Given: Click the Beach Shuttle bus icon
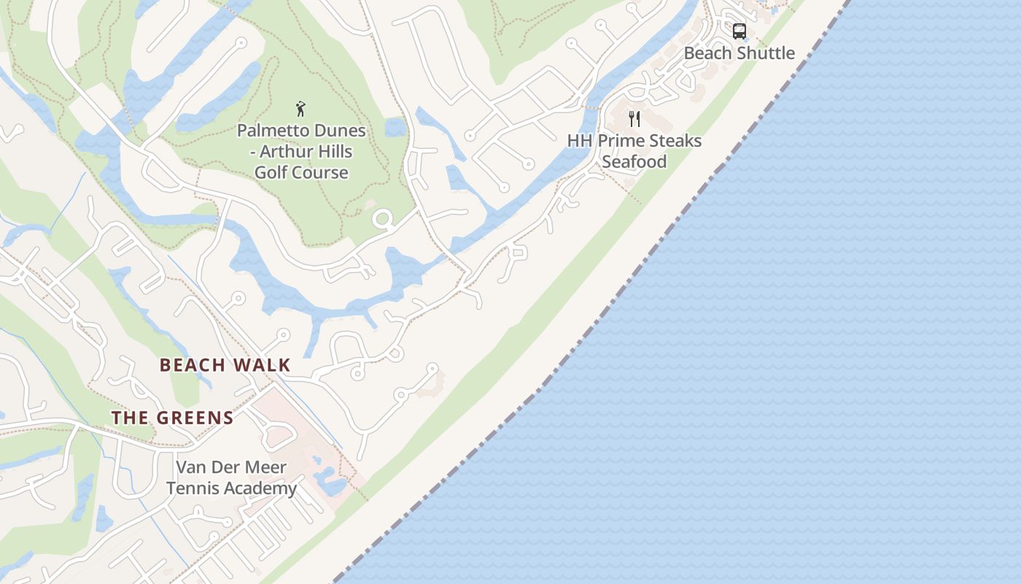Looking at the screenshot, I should click(739, 31).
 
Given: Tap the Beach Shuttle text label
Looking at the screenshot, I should click(739, 53).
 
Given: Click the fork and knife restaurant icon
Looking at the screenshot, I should click(634, 118).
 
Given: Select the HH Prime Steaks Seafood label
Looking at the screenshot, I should click(634, 151).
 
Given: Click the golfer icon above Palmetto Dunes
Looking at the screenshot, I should click(300, 109).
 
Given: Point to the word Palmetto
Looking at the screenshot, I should click(271, 131).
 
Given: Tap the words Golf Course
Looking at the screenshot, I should click(301, 173).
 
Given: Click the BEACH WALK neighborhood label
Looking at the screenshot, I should click(225, 365).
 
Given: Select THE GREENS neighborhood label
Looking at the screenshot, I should click(172, 418).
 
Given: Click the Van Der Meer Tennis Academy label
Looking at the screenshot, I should click(232, 478).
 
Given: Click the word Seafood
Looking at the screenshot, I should click(634, 162).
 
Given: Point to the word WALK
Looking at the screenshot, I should click(263, 365).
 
